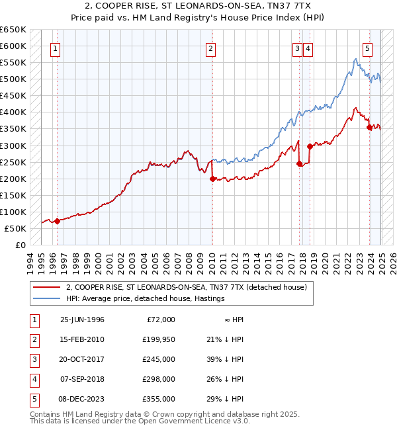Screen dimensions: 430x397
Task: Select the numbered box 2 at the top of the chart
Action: [x=210, y=48]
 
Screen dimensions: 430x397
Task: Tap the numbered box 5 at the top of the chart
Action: [x=367, y=48]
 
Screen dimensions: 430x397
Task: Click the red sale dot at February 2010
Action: [x=212, y=179]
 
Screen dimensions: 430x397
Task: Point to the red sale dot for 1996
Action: [x=57, y=221]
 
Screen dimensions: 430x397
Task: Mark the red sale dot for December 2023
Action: [x=369, y=127]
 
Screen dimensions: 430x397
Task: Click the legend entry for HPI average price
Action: [x=146, y=298]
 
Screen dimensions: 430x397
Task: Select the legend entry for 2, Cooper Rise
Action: [x=187, y=288]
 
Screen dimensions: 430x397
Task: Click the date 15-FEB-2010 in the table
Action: [x=82, y=339]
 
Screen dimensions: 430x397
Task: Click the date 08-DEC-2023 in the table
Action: [x=82, y=399]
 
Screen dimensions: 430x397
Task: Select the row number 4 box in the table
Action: [x=33, y=379]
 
